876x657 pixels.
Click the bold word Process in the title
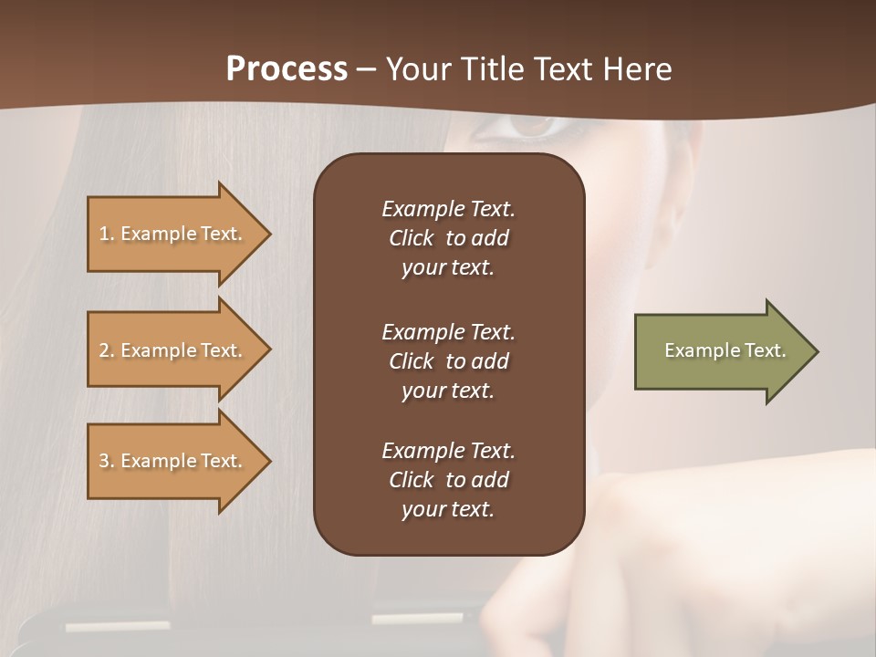pyautogui.click(x=287, y=69)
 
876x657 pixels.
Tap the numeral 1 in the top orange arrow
pyautogui.click(x=104, y=234)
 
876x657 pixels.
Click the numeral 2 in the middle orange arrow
pyautogui.click(x=104, y=350)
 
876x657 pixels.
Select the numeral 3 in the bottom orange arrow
pyautogui.click(x=104, y=461)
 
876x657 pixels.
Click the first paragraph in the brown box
pyautogui.click(x=448, y=238)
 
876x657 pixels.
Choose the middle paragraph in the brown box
pyautogui.click(x=448, y=360)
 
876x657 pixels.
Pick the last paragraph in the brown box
pyautogui.click(x=448, y=480)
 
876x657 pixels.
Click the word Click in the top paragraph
pyautogui.click(x=411, y=238)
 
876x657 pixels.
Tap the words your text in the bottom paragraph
pyautogui.click(x=448, y=509)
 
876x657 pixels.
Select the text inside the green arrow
pyautogui.click(x=725, y=350)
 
